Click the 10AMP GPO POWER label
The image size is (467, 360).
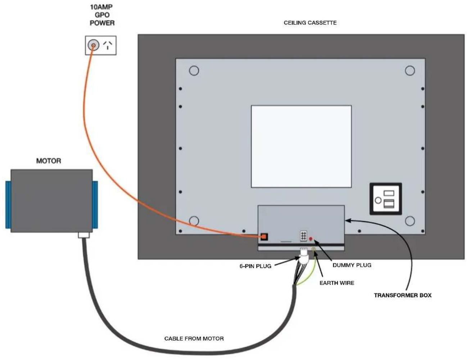click(102, 15)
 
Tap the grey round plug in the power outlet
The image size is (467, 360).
click(94, 45)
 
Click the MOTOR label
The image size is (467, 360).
click(49, 161)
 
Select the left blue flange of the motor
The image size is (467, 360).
click(8, 205)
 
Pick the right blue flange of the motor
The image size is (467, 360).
click(95, 205)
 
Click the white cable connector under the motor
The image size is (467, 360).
click(83, 235)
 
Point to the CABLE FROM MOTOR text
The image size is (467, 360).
click(194, 339)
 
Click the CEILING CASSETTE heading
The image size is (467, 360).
click(310, 23)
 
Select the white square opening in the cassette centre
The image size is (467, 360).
click(301, 146)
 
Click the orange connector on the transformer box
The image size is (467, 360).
click(264, 237)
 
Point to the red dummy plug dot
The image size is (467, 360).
click(310, 239)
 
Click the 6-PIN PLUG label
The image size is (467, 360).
click(255, 266)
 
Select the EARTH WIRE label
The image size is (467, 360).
click(337, 283)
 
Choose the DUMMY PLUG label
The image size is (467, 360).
click(352, 265)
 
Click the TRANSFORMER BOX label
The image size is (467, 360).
click(403, 295)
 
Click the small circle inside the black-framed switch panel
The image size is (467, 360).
click(378, 200)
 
